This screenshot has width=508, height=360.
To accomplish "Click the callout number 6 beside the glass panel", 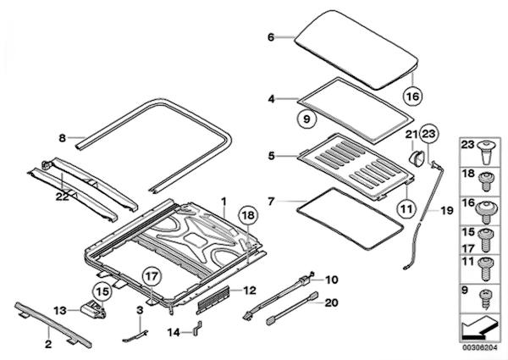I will pos(271,37).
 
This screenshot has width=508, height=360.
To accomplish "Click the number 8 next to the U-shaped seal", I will pos(62,137).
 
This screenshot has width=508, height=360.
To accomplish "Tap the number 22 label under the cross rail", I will pos(62,197).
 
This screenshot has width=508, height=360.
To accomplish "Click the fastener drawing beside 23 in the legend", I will pos(486,152).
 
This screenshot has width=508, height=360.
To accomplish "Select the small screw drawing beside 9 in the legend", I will pos(486,296).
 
